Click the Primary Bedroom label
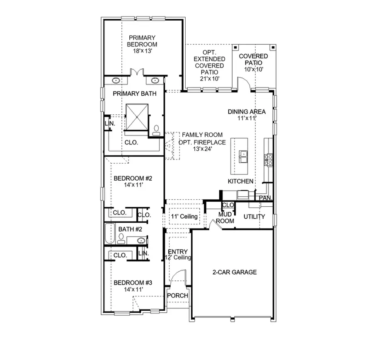[x=142, y=40]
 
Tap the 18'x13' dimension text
[x=142, y=51]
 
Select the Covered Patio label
[x=253, y=59]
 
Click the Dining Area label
[x=247, y=111]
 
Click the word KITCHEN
[x=240, y=181]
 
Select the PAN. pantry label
[x=265, y=198]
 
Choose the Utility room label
[x=254, y=217]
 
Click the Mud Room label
[x=226, y=217]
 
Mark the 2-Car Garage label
[x=235, y=272]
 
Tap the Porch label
[x=177, y=296]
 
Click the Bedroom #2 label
[x=133, y=179]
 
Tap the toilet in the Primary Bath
[x=156, y=131]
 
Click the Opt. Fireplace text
[x=202, y=142]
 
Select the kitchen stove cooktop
[x=269, y=159]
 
